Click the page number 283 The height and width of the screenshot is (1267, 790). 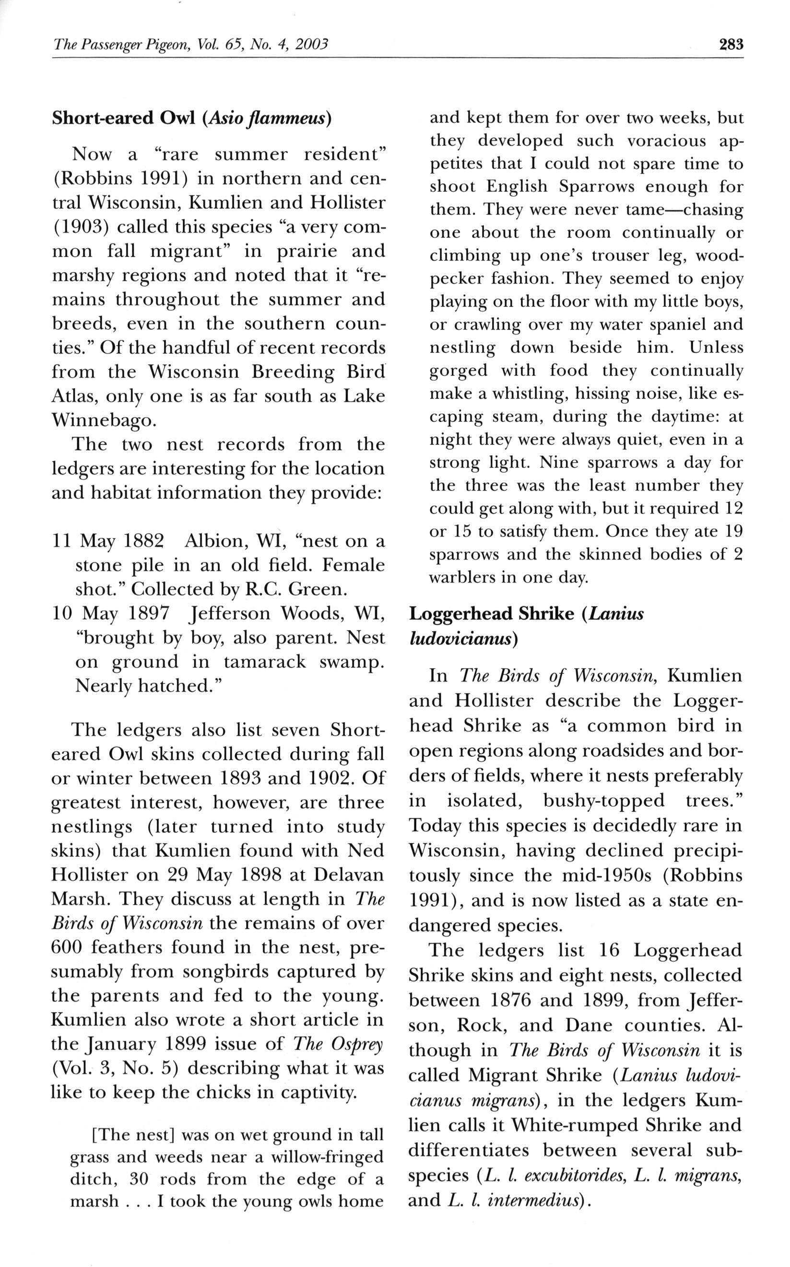(x=731, y=45)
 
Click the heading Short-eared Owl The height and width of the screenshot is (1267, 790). (x=123, y=118)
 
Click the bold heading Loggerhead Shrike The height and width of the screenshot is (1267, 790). (x=491, y=613)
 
